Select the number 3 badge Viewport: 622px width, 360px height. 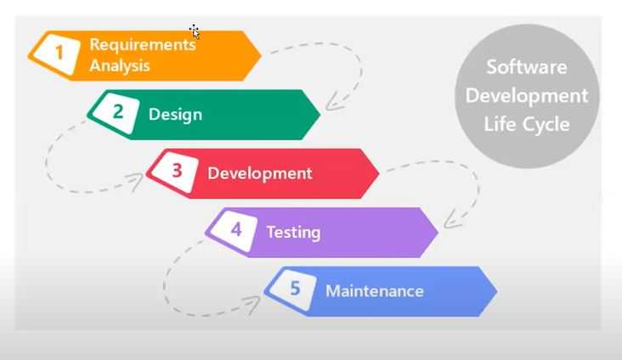point(175,172)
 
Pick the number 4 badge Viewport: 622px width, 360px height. point(235,230)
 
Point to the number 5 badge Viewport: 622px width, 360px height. point(293,289)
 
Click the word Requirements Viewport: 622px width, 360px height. point(143,45)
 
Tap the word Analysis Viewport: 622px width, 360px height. point(120,65)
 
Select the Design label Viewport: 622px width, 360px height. point(175,115)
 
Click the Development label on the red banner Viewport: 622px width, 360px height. point(260,174)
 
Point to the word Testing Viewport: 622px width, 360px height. point(293,233)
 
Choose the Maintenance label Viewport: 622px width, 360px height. point(375,291)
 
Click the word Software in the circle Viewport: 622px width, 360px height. point(527,66)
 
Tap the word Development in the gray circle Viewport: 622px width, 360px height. point(527,96)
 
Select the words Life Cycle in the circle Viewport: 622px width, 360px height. point(527,124)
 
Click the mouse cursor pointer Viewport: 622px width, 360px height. point(195,31)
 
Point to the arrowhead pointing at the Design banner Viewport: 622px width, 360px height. point(332,103)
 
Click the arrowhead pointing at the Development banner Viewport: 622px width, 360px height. point(136,180)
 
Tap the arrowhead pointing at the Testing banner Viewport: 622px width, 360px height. point(450,221)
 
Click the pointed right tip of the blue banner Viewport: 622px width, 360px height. point(496,291)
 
